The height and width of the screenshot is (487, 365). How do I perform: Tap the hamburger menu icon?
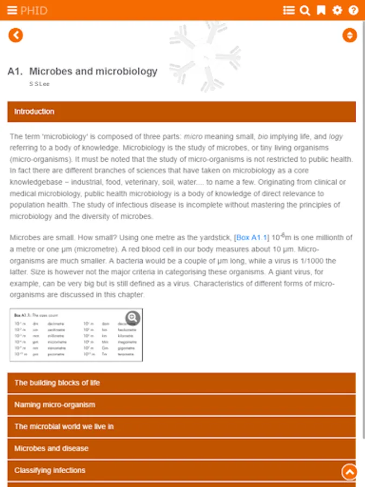pyautogui.click(x=12, y=10)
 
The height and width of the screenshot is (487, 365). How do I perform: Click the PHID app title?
pyautogui.click(x=34, y=10)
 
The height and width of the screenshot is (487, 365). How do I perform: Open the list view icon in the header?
pyautogui.click(x=289, y=10)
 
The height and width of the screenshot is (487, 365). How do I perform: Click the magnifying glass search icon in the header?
pyautogui.click(x=305, y=10)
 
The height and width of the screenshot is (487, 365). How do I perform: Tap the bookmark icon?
pyautogui.click(x=321, y=10)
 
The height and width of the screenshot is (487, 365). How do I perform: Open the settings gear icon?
pyautogui.click(x=337, y=10)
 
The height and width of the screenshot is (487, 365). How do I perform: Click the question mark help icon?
pyautogui.click(x=354, y=10)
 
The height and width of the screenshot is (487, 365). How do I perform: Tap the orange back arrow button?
pyautogui.click(x=16, y=35)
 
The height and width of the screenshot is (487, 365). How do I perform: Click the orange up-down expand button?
pyautogui.click(x=350, y=35)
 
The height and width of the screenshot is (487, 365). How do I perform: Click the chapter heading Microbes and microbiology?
pyautogui.click(x=93, y=71)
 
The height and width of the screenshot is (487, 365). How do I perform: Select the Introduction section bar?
pyautogui.click(x=182, y=111)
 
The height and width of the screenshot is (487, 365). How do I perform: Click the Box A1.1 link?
pyautogui.click(x=251, y=238)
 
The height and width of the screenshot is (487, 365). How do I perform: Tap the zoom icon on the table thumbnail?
pyautogui.click(x=132, y=318)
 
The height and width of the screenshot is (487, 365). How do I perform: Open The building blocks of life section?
pyautogui.click(x=182, y=383)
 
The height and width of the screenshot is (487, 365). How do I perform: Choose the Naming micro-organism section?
pyautogui.click(x=182, y=405)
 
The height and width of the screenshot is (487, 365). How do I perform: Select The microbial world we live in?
pyautogui.click(x=182, y=426)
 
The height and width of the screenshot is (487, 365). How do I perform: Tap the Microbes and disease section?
pyautogui.click(x=182, y=449)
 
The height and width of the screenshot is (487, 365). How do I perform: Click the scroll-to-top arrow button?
pyautogui.click(x=349, y=472)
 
